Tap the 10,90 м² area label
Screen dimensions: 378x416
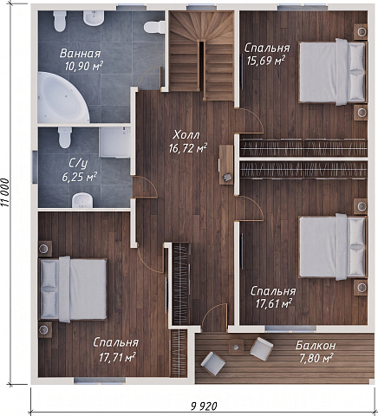(x=83, y=67)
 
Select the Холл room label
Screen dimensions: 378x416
(x=186, y=135)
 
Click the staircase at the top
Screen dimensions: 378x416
(x=201, y=55)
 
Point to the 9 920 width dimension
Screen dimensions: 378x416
(x=204, y=406)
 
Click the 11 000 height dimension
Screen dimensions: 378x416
(x=6, y=192)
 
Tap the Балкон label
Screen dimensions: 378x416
(x=316, y=345)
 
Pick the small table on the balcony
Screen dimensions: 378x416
(x=236, y=347)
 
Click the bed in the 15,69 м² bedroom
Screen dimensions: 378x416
(x=333, y=71)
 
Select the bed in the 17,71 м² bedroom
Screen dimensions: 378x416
(x=73, y=289)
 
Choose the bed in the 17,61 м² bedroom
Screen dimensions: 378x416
(x=333, y=247)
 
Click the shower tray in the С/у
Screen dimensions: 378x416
(x=115, y=143)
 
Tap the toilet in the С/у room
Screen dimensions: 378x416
(x=65, y=137)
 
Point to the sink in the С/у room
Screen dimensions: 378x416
(x=82, y=200)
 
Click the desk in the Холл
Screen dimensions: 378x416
(x=226, y=165)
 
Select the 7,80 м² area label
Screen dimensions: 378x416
(x=316, y=358)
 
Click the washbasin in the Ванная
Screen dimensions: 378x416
(x=94, y=18)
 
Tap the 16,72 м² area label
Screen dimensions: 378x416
(x=188, y=148)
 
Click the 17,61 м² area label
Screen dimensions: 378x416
(x=274, y=303)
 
